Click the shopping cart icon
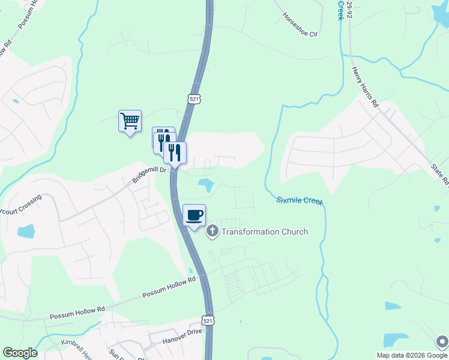point(130,122)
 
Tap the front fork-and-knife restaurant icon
point(175,153)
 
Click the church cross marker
point(212,232)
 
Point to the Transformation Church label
point(265,232)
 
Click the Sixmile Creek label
point(300,201)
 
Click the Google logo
point(20,353)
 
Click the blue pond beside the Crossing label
point(26,231)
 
